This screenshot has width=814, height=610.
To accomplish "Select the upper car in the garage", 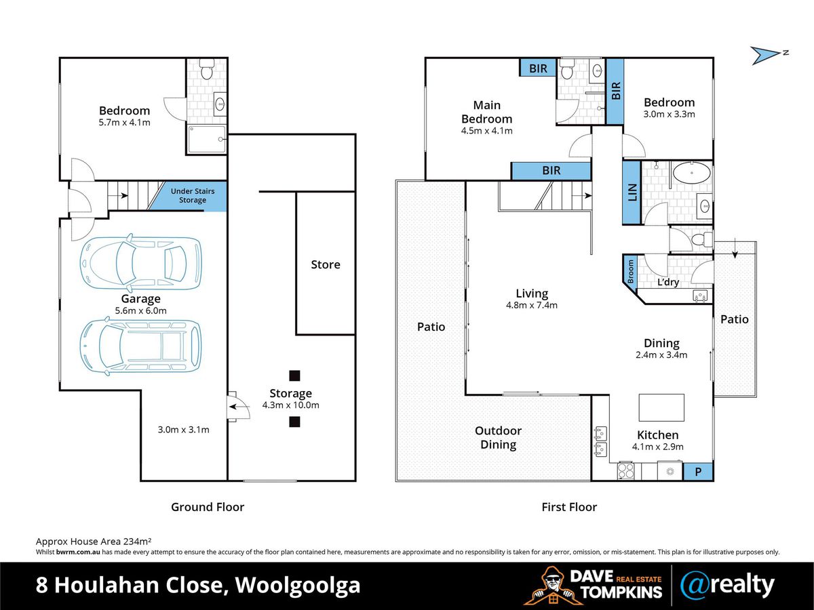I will tap(140, 261).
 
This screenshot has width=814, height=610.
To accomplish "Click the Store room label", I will tap(326, 264).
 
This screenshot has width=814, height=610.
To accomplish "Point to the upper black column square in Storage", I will tap(294, 375).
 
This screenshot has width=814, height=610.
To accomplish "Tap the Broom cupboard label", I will tap(630, 271).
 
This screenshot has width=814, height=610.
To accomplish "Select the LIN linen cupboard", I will tap(632, 192).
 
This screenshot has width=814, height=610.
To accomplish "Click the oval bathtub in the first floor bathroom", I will tap(692, 174).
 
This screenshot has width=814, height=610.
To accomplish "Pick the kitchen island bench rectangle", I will tap(661, 407).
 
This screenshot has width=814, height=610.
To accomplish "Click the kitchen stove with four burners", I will tap(625, 470).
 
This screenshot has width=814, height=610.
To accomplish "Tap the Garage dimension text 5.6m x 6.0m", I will tap(140, 310).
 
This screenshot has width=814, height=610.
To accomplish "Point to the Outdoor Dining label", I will tap(498, 438).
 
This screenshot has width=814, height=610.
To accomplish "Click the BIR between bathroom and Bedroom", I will tap(615, 91).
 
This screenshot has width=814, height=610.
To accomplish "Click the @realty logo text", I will tap(727, 584).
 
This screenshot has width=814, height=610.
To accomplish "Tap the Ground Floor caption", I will tap(207, 506).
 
